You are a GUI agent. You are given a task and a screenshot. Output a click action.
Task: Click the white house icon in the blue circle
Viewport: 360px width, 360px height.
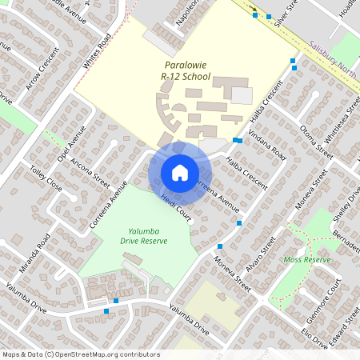180,172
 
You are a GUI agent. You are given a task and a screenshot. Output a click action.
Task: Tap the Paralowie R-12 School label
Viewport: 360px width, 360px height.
185,71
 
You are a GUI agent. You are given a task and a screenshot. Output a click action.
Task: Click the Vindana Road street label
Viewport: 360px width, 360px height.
267,140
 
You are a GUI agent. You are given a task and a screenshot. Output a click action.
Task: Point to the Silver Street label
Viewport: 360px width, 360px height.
286,14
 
